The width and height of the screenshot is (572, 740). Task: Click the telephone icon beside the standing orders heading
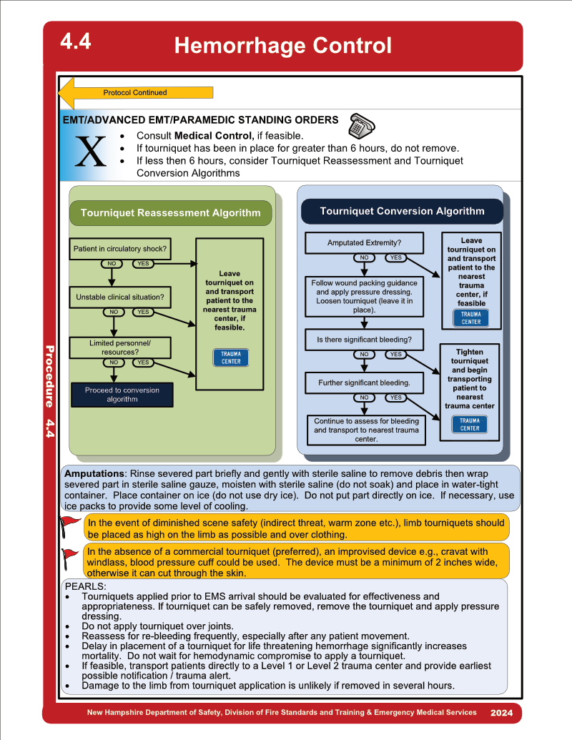point(362,126)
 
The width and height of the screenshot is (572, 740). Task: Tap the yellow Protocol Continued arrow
point(135,93)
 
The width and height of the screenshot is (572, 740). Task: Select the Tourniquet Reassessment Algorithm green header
point(170,213)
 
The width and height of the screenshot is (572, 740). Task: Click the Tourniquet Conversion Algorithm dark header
point(402,211)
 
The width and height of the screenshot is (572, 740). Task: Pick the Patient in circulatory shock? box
point(120,249)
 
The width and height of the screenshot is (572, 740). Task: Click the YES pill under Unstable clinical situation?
point(143,312)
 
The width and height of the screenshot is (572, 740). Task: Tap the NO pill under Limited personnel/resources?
point(114,362)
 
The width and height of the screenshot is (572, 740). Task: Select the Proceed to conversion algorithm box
point(122,395)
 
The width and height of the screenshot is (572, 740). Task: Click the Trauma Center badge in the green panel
point(231,357)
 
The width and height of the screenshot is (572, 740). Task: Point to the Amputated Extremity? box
point(365,242)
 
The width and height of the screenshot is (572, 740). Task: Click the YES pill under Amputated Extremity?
point(395,257)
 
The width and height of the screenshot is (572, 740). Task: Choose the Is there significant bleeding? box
point(365,340)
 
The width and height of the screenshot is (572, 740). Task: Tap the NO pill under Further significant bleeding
point(365,398)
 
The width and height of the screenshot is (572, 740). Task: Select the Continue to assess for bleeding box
point(366,430)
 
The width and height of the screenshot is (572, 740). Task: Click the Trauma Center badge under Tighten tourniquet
point(470,424)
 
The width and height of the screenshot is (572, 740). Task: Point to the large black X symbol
point(91,152)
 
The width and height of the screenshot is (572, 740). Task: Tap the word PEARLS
point(85,586)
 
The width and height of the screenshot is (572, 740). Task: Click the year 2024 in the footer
point(501,713)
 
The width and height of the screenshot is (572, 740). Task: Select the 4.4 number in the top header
point(76,41)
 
